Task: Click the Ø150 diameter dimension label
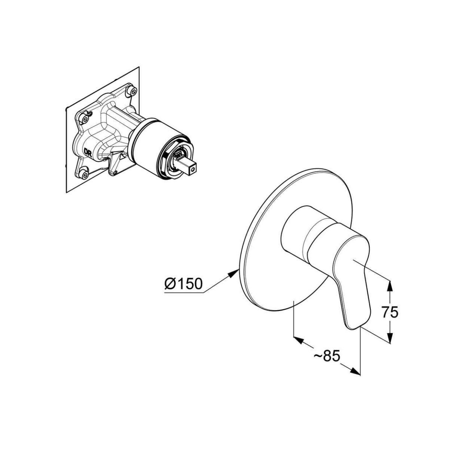tap(183, 284)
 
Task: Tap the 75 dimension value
tap(390, 313)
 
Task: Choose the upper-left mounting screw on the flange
tap(85, 120)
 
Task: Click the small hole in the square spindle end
tap(192, 171)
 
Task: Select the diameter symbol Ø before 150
tap(170, 284)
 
